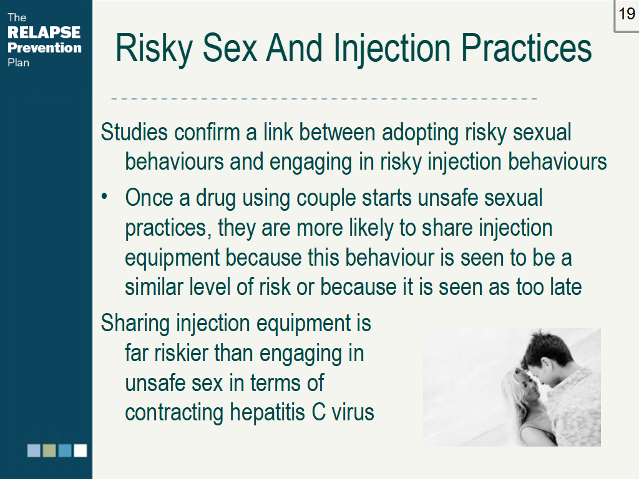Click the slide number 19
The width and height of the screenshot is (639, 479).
coord(627,14)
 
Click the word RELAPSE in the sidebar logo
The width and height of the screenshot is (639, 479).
coord(44,32)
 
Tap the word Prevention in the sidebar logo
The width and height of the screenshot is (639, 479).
coord(44,47)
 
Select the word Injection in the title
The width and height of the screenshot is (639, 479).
coord(392,49)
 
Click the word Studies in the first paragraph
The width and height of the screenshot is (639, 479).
coord(134,132)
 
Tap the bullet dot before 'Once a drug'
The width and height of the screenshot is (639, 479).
coord(104,196)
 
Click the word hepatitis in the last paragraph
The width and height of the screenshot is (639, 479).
coord(267,412)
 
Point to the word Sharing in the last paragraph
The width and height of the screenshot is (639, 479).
coord(135,324)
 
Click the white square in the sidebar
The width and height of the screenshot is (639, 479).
coord(80,450)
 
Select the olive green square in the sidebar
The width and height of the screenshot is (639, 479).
coord(49,450)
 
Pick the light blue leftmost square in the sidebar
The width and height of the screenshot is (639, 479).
coord(34,450)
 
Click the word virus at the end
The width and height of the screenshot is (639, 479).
coord(353,412)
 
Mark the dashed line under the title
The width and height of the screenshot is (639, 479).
coord(324,99)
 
